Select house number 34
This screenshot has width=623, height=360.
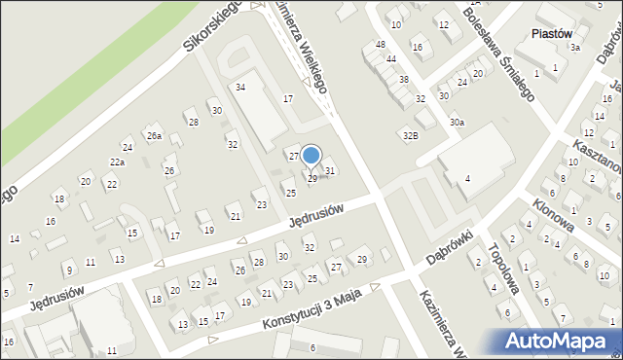pos(240,88)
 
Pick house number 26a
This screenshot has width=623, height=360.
pos(153,135)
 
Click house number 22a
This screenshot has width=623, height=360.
pos(117,162)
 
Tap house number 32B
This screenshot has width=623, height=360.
pos(411,135)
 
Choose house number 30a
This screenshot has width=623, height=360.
pos(457,123)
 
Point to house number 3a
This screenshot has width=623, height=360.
pos(575,47)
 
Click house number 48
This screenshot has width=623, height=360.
pos(381,45)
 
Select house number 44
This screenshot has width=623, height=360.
pos(390,59)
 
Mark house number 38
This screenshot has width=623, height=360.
pos(403,79)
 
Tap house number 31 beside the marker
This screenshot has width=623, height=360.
pos(330,171)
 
